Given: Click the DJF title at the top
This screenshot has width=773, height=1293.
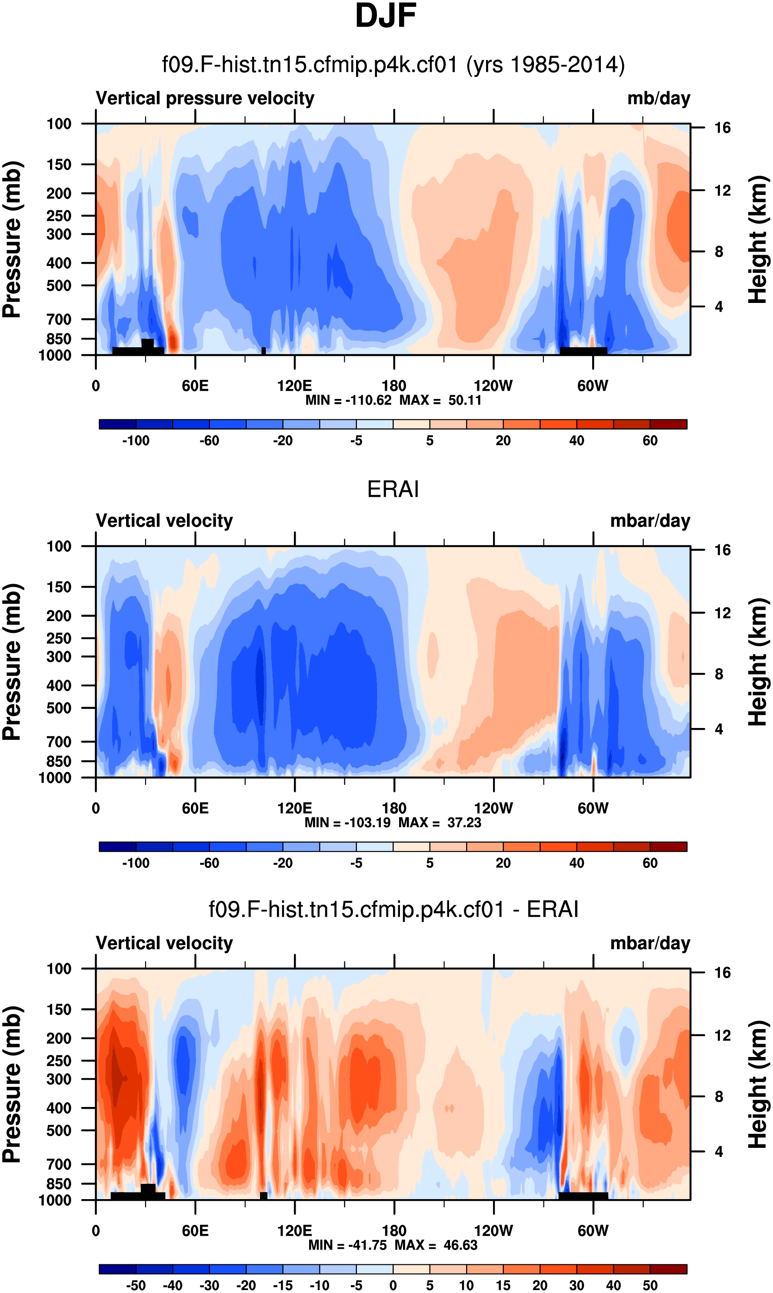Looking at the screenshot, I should point(386,16).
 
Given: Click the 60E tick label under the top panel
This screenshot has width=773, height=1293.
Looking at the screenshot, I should point(195,386).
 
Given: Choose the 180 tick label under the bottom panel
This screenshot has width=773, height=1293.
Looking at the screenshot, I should point(394,1230).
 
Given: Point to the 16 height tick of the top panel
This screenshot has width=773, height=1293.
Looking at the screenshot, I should point(722,128).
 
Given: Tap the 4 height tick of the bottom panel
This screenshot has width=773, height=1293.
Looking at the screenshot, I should point(719,1151).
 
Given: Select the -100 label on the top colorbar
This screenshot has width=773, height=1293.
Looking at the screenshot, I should point(136,441).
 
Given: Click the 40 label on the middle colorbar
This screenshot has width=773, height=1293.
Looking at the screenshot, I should point(576,863).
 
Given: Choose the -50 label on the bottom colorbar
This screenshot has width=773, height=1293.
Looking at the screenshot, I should point(136,1285).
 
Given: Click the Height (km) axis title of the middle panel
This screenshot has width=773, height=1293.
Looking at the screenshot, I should point(758,662).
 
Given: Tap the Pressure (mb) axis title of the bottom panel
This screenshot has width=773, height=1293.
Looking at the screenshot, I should point(11,1084).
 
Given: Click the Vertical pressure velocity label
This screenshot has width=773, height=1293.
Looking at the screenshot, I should point(205,98).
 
